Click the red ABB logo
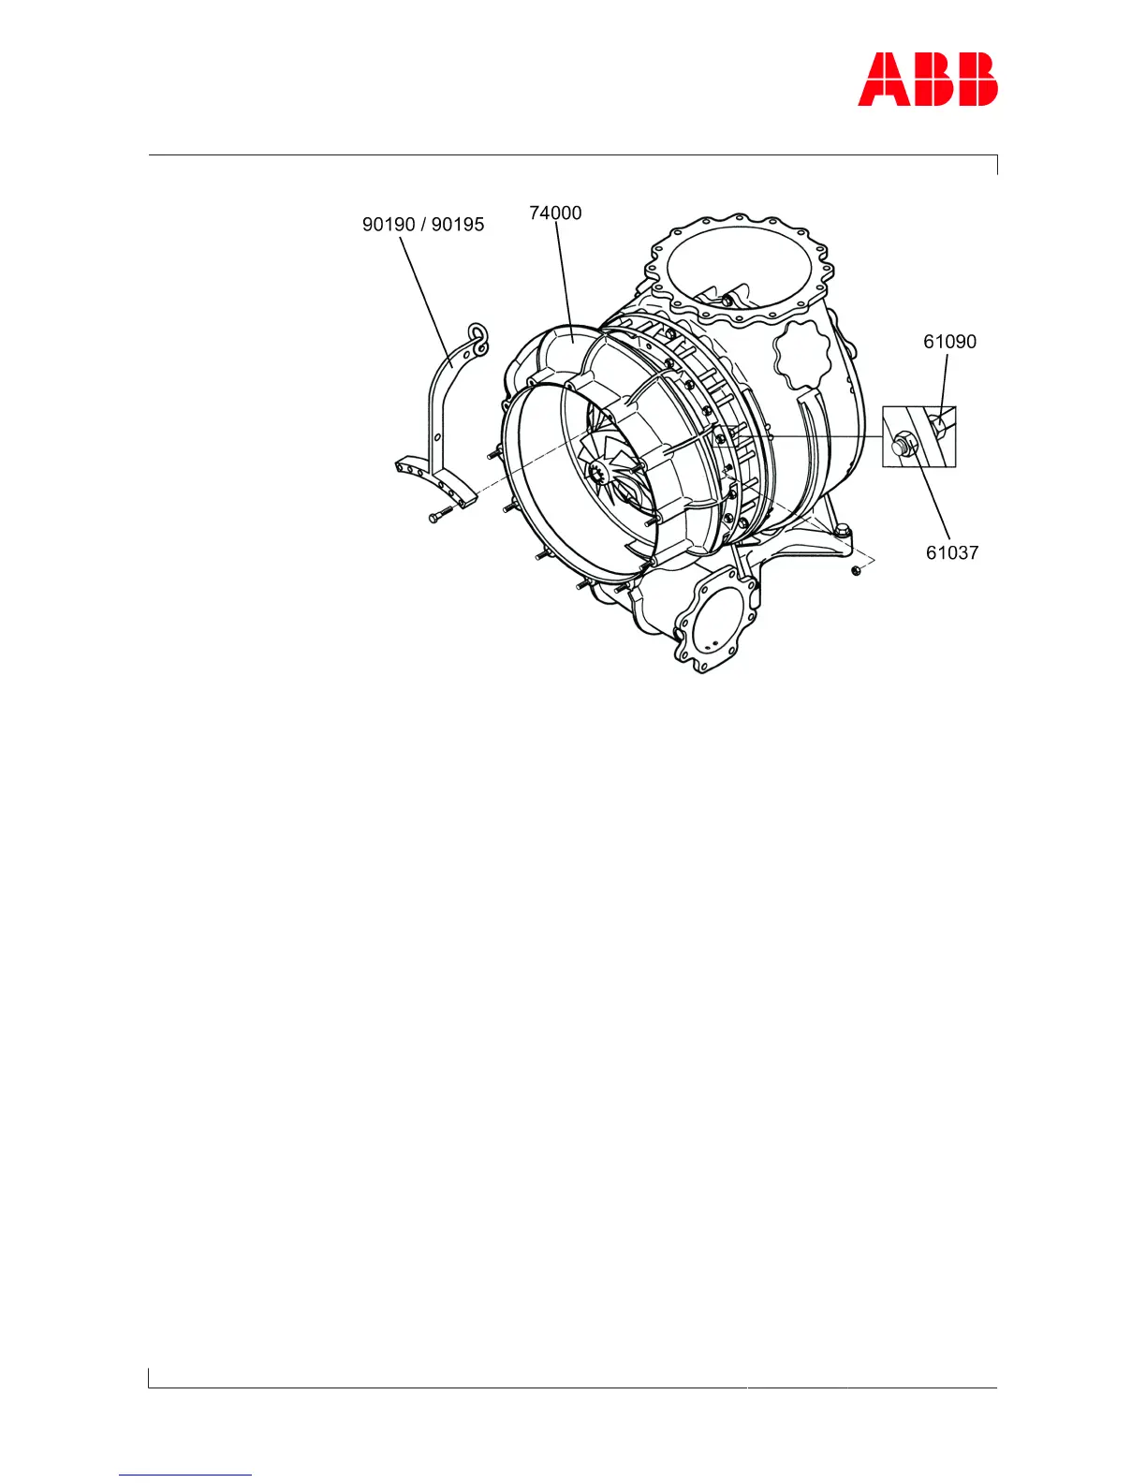coord(927,79)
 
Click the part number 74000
coord(555,213)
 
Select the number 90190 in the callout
coord(389,225)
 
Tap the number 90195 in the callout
coord(458,225)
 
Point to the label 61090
coord(949,342)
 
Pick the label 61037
coord(951,552)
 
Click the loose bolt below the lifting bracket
coord(439,514)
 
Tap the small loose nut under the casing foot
coord(856,570)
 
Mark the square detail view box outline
coord(883,436)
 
